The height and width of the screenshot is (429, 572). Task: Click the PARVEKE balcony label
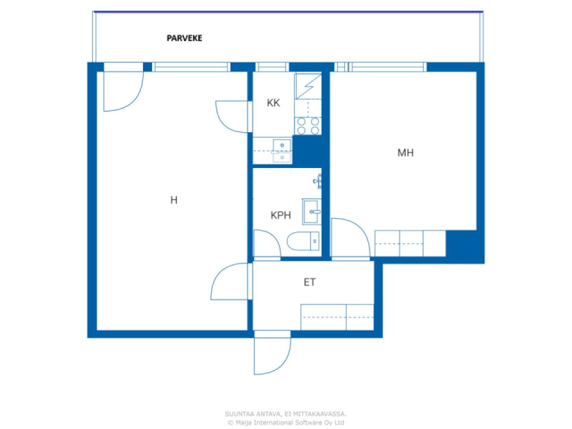pos(184,38)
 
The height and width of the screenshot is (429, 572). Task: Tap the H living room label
pos(174,200)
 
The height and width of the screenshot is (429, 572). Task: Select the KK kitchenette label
pos(273,103)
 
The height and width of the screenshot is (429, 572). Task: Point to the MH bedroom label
pos(405,153)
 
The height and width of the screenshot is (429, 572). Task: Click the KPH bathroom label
pos(281,215)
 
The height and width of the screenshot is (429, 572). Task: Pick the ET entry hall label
pos(310,282)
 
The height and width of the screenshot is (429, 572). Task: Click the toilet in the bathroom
pos(303,241)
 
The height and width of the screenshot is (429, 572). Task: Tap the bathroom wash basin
pos(311,211)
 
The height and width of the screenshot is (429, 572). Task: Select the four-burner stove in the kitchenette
pos(308,126)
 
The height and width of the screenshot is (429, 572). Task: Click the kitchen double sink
pos(282,151)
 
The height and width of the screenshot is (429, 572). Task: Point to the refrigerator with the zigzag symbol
pos(308,87)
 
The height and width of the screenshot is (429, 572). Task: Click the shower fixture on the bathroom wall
pos(318,181)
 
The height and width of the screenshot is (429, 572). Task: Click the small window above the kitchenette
pos(272,67)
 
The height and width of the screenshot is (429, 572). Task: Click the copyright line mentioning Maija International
pos(286,422)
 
